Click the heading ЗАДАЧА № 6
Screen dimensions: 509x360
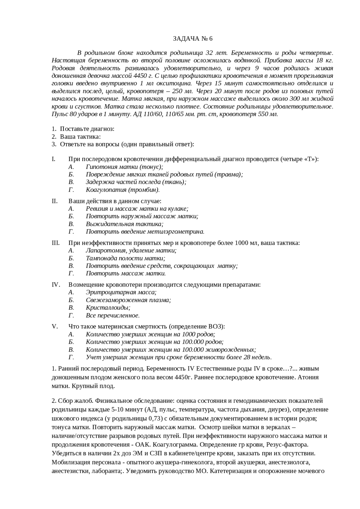point(192,39)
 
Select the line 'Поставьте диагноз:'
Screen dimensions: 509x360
point(87,129)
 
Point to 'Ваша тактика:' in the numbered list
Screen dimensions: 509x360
point(80,137)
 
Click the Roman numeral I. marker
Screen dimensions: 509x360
point(53,159)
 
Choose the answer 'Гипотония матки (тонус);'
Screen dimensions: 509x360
point(124,167)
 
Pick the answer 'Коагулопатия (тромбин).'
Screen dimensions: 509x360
point(123,190)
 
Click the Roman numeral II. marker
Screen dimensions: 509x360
point(55,201)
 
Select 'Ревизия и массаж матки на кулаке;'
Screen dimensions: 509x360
point(137,209)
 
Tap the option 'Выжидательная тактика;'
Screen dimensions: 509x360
point(125,224)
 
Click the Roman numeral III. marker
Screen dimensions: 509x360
point(55,243)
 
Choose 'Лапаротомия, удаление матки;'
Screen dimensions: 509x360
point(131,250)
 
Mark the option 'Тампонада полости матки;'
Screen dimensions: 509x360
point(125,258)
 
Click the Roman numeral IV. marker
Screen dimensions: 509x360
point(56,285)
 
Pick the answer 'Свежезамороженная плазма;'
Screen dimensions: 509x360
point(128,300)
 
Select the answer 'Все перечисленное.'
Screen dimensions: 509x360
point(113,315)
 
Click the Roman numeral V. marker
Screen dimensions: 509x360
point(55,327)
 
